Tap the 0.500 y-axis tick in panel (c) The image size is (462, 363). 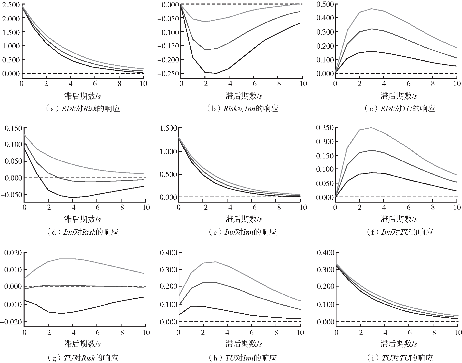[x=325, y=4]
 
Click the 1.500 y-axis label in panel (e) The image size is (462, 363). [x=168, y=128]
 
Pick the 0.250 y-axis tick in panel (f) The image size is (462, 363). [x=325, y=128]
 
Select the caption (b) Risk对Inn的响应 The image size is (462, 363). [x=242, y=109]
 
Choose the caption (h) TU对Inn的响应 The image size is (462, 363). [x=242, y=358]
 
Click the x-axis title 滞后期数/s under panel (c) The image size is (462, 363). [x=399, y=96]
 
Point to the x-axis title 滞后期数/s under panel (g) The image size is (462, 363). [x=82, y=344]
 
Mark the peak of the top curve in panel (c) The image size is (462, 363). [x=372, y=9]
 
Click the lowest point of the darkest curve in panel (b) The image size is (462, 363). [x=216, y=73]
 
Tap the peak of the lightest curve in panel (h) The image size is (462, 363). [x=215, y=262]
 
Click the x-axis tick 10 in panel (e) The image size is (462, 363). [x=303, y=207]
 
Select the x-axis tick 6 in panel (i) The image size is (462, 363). [x=410, y=333]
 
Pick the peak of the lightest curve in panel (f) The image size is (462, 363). [x=372, y=127]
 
